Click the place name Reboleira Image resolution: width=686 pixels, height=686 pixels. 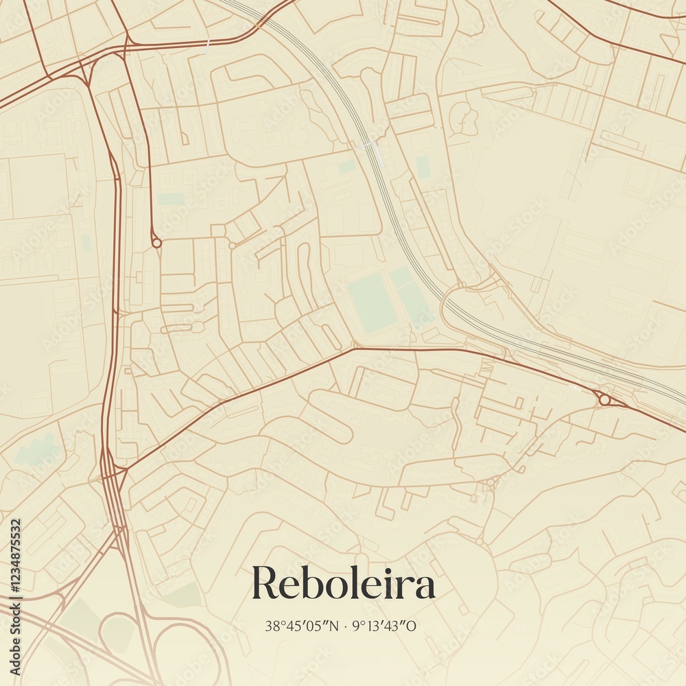[x=343, y=584]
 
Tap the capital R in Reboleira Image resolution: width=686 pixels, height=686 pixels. [x=265, y=584]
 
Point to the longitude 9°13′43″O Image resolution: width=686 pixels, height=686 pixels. [x=384, y=626]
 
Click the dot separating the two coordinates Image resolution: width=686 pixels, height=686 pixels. [x=345, y=626]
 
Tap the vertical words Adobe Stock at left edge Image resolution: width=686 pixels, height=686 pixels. [x=15, y=646]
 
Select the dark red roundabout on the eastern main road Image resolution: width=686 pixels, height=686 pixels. [x=604, y=399]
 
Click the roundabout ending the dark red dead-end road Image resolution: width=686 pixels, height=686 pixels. [x=156, y=242]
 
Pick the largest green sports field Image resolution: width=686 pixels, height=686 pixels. [x=372, y=303]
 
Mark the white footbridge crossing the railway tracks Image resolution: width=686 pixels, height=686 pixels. [x=368, y=145]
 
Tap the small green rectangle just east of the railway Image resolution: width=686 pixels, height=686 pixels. [x=423, y=167]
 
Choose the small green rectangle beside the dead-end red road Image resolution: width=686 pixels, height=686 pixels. [x=169, y=199]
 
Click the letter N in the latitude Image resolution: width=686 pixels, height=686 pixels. [x=335, y=626]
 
